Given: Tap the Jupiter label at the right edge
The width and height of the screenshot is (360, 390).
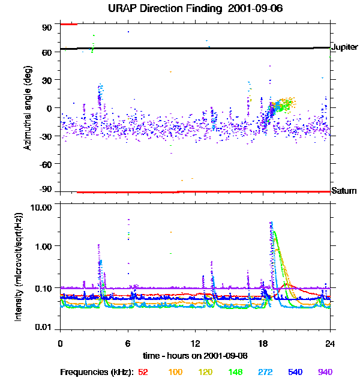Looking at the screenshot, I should pos(344,47).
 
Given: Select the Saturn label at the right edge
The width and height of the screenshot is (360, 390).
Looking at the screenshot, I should pos(344,191).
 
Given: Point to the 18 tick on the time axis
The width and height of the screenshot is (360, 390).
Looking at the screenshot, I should pos(262,343).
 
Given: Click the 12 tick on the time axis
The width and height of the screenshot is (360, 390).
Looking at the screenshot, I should pos(194,343).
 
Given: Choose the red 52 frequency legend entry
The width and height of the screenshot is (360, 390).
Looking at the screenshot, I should pos(143,373).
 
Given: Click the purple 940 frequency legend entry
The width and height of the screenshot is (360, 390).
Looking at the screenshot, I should pos(325,373).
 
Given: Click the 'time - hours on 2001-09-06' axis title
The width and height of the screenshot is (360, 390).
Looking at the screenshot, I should pos(195,356).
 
